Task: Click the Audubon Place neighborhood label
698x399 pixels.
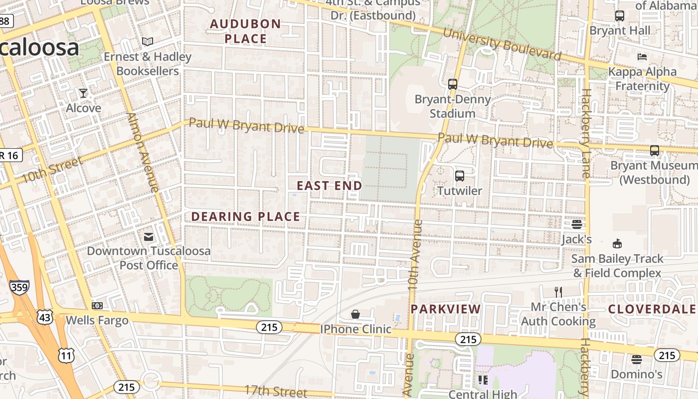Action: (x=245, y=31)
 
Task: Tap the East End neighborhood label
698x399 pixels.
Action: (x=330, y=186)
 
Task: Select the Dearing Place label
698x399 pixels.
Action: (x=246, y=216)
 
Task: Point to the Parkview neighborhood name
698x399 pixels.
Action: (x=446, y=309)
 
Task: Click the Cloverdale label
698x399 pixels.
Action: (x=651, y=309)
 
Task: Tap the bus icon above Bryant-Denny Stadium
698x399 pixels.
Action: (x=453, y=84)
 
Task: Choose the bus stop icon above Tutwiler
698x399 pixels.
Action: (x=459, y=176)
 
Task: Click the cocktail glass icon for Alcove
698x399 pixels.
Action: (x=83, y=93)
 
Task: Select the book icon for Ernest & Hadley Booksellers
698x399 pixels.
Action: (x=148, y=42)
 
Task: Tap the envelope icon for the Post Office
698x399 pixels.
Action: (x=149, y=236)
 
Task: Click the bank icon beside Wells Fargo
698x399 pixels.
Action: (x=97, y=305)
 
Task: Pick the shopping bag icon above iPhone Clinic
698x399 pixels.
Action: (x=355, y=314)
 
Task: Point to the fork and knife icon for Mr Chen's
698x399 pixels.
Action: (x=558, y=292)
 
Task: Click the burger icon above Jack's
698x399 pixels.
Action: (x=577, y=224)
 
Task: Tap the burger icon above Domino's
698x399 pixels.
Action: (x=636, y=359)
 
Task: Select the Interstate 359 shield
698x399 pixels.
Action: (x=19, y=287)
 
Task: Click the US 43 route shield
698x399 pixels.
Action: (x=44, y=316)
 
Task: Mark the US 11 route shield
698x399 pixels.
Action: (x=67, y=355)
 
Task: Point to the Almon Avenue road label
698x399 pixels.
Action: (x=143, y=153)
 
